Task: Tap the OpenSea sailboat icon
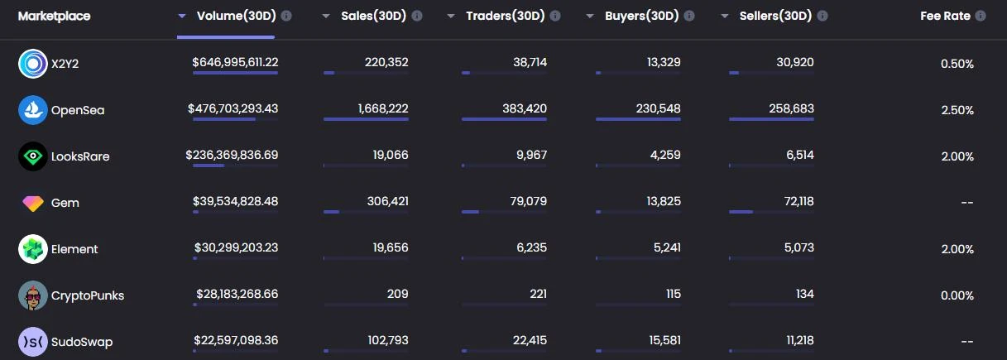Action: pyautogui.click(x=32, y=110)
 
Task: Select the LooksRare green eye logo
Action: pyautogui.click(x=32, y=156)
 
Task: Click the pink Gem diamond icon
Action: pyautogui.click(x=32, y=203)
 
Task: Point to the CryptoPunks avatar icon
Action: pyautogui.click(x=32, y=295)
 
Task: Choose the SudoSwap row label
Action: pyautogui.click(x=81, y=342)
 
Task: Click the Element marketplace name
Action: pyautogui.click(x=74, y=249)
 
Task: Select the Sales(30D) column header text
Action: pyautogui.click(x=373, y=16)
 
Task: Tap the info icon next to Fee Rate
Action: pyautogui.click(x=981, y=16)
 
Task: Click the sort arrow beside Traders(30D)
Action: pyautogui.click(x=450, y=17)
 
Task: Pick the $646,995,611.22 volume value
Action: pyautogui.click(x=235, y=62)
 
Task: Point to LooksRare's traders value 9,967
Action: pyautogui.click(x=530, y=155)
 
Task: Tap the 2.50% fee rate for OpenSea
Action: pyautogui.click(x=957, y=110)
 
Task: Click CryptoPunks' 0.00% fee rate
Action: pyautogui.click(x=957, y=295)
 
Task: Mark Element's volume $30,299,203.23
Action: pyautogui.click(x=236, y=247)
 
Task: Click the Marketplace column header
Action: pyautogui.click(x=55, y=16)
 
